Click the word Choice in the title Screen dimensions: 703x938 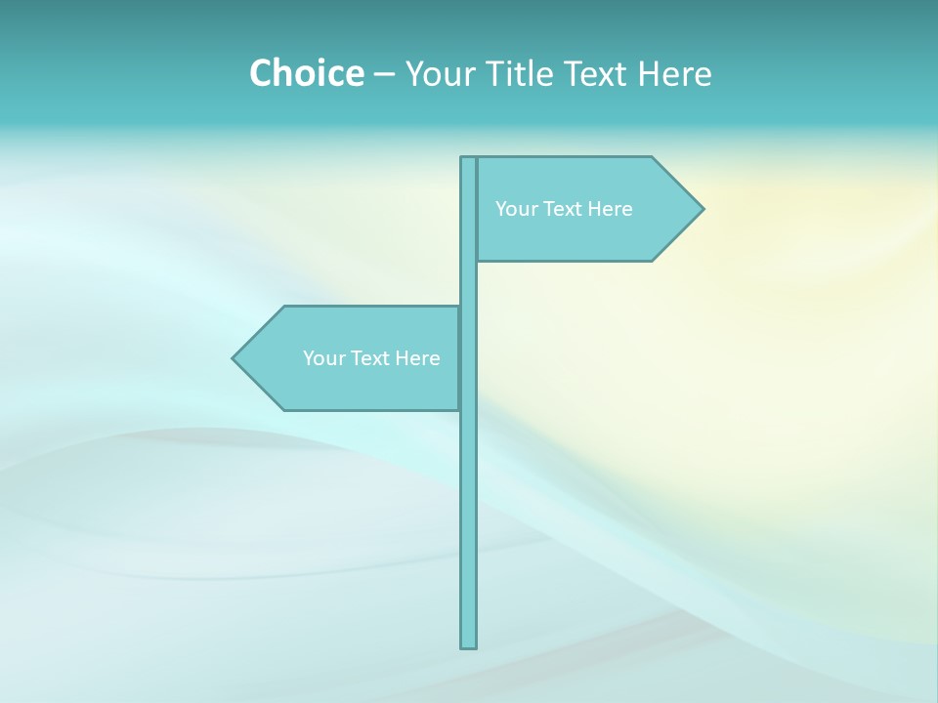pyautogui.click(x=306, y=73)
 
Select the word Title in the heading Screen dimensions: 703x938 pyautogui.click(x=520, y=73)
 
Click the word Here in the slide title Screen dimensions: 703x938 pyautogui.click(x=675, y=73)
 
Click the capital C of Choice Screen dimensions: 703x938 pyautogui.click(x=261, y=73)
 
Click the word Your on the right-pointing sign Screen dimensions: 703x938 pyautogui.click(x=515, y=209)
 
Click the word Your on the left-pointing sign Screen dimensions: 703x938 pyautogui.click(x=322, y=358)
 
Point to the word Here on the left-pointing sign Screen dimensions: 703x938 pyautogui.click(x=417, y=358)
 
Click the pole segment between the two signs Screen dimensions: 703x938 pyautogui.click(x=469, y=283)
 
